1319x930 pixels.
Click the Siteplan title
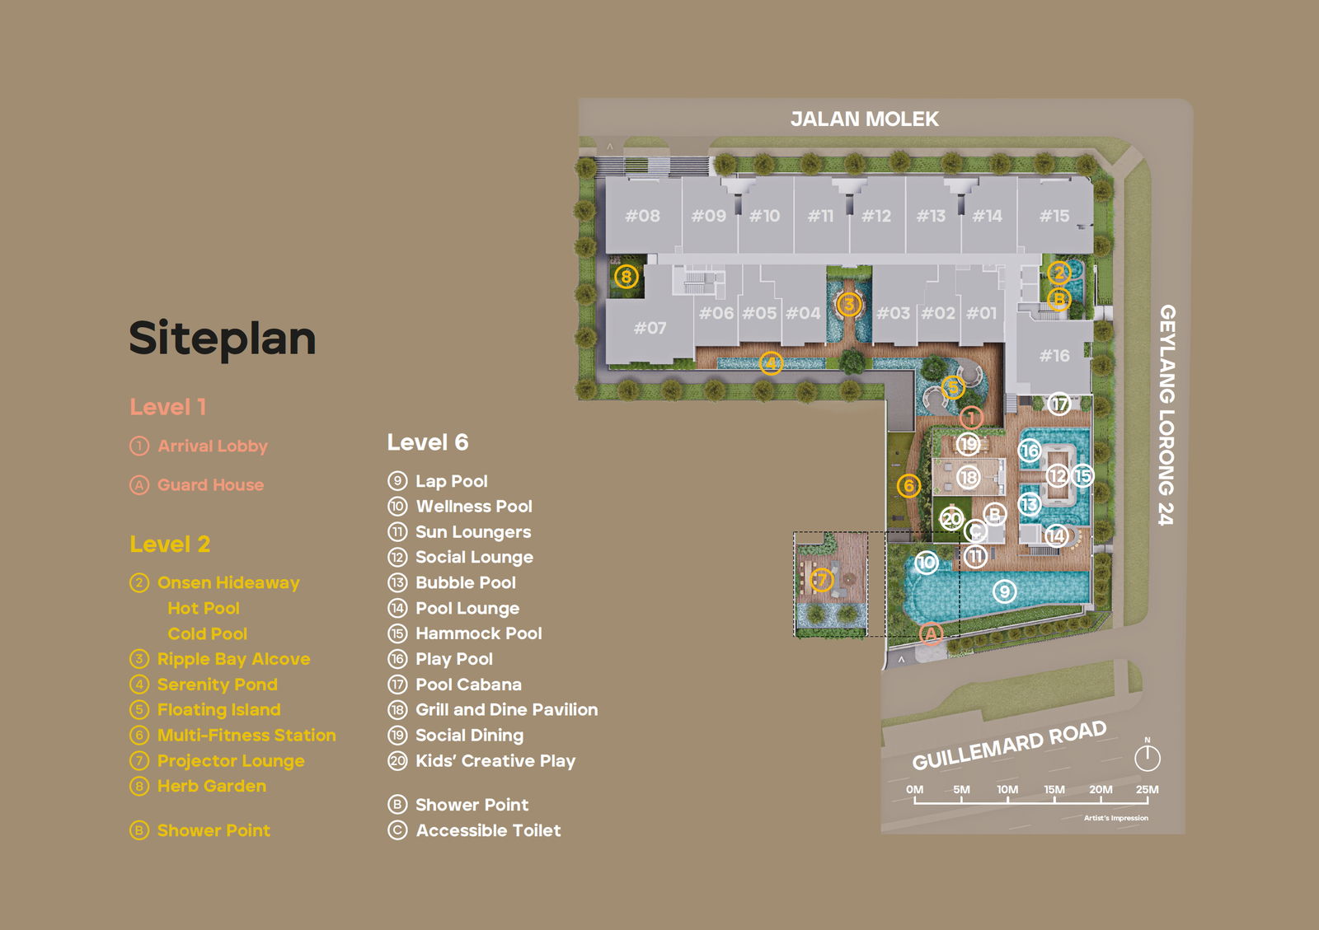pyautogui.click(x=223, y=339)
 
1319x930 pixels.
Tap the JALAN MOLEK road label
pyautogui.click(x=864, y=119)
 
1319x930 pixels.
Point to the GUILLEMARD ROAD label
pyautogui.click(x=1008, y=745)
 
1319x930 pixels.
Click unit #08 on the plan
pyautogui.click(x=642, y=216)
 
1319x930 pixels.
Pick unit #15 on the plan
pyautogui.click(x=1054, y=216)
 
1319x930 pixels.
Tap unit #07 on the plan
pyautogui.click(x=650, y=328)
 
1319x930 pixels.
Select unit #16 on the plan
pyautogui.click(x=1054, y=356)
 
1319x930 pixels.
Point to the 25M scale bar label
pyautogui.click(x=1147, y=789)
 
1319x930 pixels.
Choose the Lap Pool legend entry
pyautogui.click(x=451, y=481)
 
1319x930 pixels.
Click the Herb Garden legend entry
pyautogui.click(x=211, y=786)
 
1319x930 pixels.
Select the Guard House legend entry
pyautogui.click(x=210, y=485)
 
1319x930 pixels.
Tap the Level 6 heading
pyautogui.click(x=428, y=442)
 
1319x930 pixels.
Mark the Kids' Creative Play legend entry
pyautogui.click(x=495, y=761)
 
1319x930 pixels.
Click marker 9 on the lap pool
pyautogui.click(x=1004, y=591)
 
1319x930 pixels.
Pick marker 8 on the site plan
pyautogui.click(x=627, y=277)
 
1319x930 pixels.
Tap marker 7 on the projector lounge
pyautogui.click(x=821, y=579)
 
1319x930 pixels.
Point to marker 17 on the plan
pyautogui.click(x=1059, y=404)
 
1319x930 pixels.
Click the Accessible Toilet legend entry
pyautogui.click(x=488, y=830)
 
